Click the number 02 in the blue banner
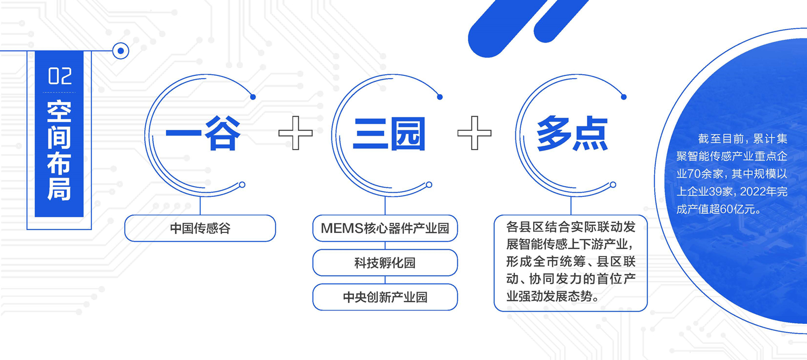click(x=60, y=76)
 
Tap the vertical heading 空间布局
click(x=59, y=150)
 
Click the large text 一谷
click(x=203, y=133)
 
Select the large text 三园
click(x=389, y=133)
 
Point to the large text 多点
click(x=572, y=133)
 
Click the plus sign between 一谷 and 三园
click(x=295, y=133)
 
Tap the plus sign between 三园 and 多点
click(x=475, y=133)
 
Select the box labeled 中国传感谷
click(x=200, y=228)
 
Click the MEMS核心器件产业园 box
click(x=385, y=228)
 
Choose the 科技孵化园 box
click(x=385, y=263)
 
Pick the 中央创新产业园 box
click(x=385, y=297)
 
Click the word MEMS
click(x=342, y=228)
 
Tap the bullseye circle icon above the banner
click(x=121, y=51)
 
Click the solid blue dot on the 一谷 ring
click(x=253, y=97)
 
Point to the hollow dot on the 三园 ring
click(x=429, y=185)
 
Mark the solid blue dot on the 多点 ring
click(x=624, y=97)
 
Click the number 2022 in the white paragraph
click(x=752, y=192)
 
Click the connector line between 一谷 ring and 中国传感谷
click(x=200, y=206)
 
